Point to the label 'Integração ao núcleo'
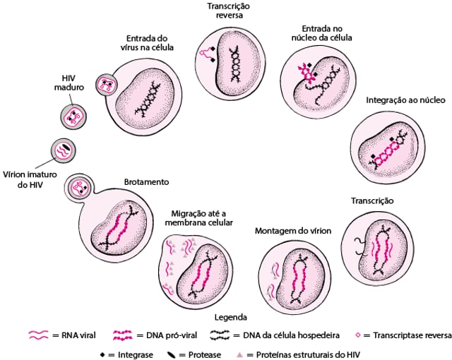[405, 101]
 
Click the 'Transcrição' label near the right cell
[372, 201]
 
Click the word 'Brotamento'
[146, 181]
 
